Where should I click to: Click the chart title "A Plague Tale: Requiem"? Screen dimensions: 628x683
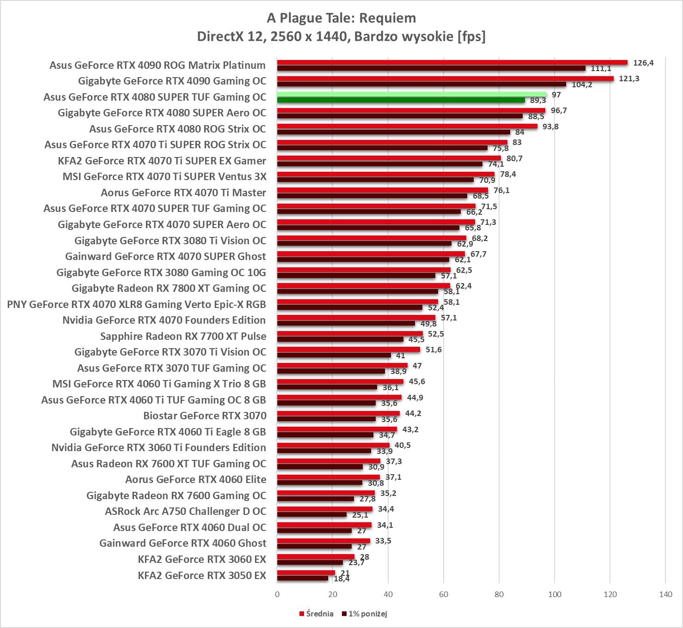(x=341, y=18)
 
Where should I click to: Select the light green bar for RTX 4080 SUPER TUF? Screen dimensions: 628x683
(x=411, y=94)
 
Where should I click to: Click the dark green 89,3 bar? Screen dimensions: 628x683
(x=401, y=100)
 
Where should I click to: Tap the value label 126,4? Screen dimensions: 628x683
(x=643, y=63)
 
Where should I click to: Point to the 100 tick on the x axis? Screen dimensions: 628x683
(x=555, y=594)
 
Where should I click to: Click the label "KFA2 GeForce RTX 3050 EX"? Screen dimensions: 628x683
(x=202, y=575)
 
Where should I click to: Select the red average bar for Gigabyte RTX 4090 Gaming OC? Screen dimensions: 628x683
(x=445, y=78)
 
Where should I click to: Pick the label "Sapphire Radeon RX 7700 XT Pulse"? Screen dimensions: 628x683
(x=183, y=336)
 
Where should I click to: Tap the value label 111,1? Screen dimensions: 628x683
(x=601, y=69)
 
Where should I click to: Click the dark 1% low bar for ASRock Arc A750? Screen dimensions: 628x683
(x=312, y=514)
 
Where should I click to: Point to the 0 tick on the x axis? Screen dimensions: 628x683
(x=277, y=594)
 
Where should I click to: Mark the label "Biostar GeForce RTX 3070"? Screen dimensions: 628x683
(x=205, y=416)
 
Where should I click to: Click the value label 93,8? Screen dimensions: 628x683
(x=550, y=127)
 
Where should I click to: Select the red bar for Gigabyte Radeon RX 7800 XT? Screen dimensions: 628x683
(x=363, y=286)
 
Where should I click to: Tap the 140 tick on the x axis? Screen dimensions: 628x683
(x=665, y=594)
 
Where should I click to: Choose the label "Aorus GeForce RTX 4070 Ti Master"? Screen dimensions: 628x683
(x=183, y=193)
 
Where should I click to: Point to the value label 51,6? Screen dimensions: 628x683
(x=433, y=350)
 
